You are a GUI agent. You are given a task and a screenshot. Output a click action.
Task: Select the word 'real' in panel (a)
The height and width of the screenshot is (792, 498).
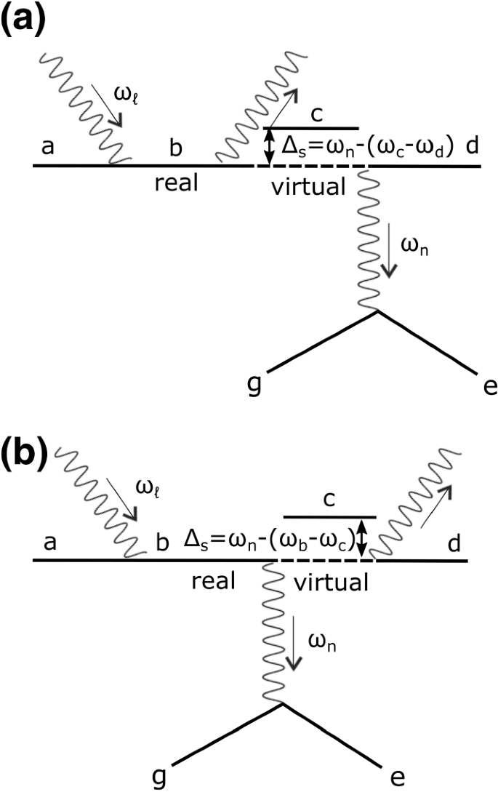pos(177,183)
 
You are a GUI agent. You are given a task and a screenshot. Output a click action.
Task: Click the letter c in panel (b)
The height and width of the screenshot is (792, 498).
pos(329,499)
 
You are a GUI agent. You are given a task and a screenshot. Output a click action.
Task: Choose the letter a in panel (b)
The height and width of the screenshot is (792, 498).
pos(50,543)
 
